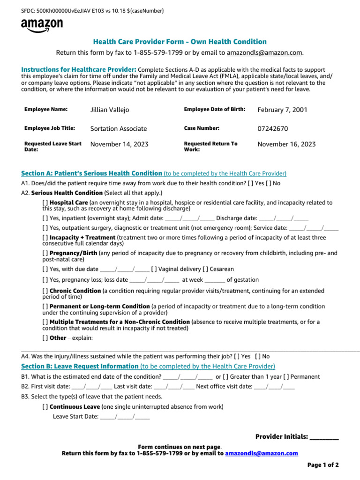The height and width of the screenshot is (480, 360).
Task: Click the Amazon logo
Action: pyautogui.click(x=41, y=26)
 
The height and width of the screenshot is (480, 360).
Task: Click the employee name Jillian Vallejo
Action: pyautogui.click(x=109, y=110)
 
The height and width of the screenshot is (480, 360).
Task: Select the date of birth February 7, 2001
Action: pyautogui.click(x=282, y=110)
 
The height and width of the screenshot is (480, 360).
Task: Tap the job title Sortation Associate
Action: pyautogui.click(x=118, y=128)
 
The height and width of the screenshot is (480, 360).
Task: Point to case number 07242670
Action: pyautogui.click(x=273, y=128)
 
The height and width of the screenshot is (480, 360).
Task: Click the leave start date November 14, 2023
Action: pyautogui.click(x=119, y=144)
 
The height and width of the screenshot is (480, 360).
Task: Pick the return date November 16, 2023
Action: pyautogui.click(x=286, y=144)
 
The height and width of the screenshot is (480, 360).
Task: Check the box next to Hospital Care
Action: pyautogui.click(x=45, y=202)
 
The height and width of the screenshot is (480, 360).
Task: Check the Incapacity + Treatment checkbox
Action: pyautogui.click(x=45, y=238)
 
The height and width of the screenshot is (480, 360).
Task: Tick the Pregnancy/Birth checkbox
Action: pyautogui.click(x=45, y=253)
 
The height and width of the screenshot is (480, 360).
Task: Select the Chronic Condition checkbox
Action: pyautogui.click(x=45, y=291)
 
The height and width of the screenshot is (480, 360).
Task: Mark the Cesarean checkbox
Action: pyautogui.click(x=205, y=269)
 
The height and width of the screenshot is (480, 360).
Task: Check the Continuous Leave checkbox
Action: pyautogui.click(x=45, y=406)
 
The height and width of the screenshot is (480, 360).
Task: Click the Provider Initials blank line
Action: pyautogui.click(x=324, y=437)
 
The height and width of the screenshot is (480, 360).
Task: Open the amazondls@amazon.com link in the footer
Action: pyautogui.click(x=262, y=453)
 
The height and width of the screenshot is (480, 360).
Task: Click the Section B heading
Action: pyautogui.click(x=80, y=366)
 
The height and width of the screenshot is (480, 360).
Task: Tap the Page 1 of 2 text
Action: pyautogui.click(x=323, y=465)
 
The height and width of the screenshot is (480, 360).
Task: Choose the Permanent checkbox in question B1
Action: pyautogui.click(x=286, y=376)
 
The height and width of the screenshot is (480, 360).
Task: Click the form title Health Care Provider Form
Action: pyautogui.click(x=180, y=42)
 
